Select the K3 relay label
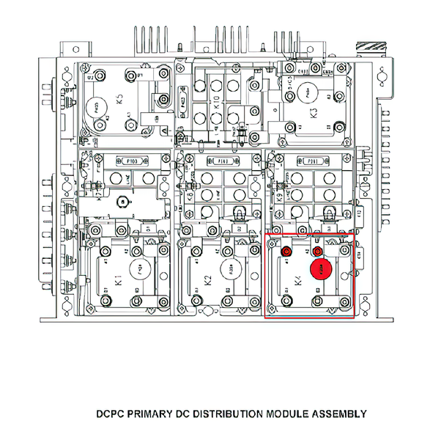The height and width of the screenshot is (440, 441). pos(314,114)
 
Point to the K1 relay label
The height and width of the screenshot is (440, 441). pos(119,280)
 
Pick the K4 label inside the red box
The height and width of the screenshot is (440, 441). pos(297,280)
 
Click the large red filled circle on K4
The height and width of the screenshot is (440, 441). pos(320,269)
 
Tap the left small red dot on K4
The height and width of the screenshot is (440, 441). pos(287,252)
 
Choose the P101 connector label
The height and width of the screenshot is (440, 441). pos(312,161)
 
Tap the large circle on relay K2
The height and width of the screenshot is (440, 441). pos(229,269)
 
